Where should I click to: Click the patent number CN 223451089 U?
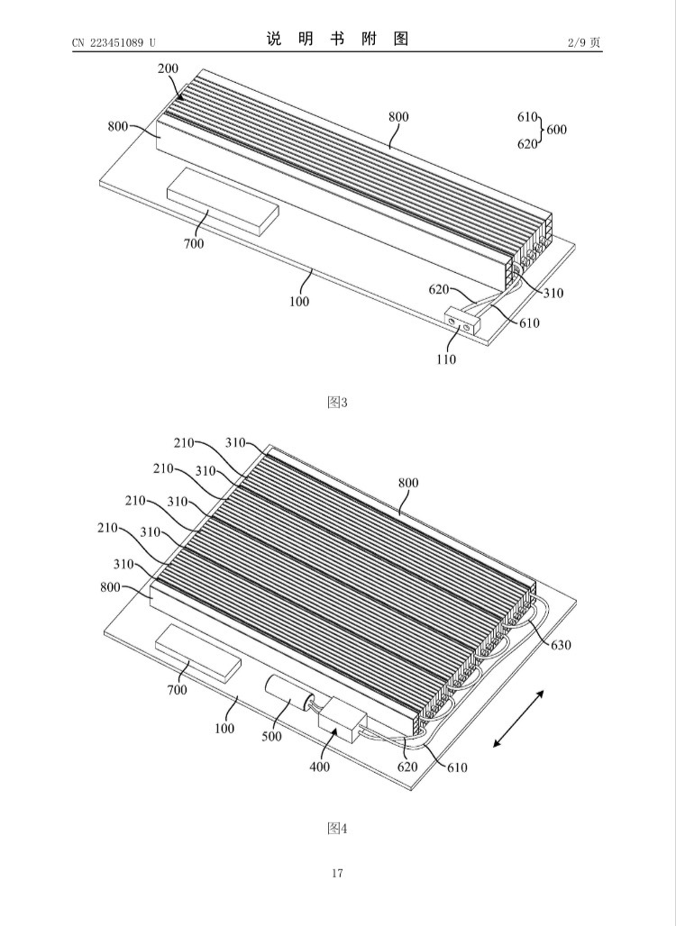114,42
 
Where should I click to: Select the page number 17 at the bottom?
337,873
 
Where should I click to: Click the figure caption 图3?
337,403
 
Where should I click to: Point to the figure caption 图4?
337,829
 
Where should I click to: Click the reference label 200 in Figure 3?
168,68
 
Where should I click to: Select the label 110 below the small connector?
446,359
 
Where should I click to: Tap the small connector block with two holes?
462,321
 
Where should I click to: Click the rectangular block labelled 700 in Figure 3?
223,198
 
